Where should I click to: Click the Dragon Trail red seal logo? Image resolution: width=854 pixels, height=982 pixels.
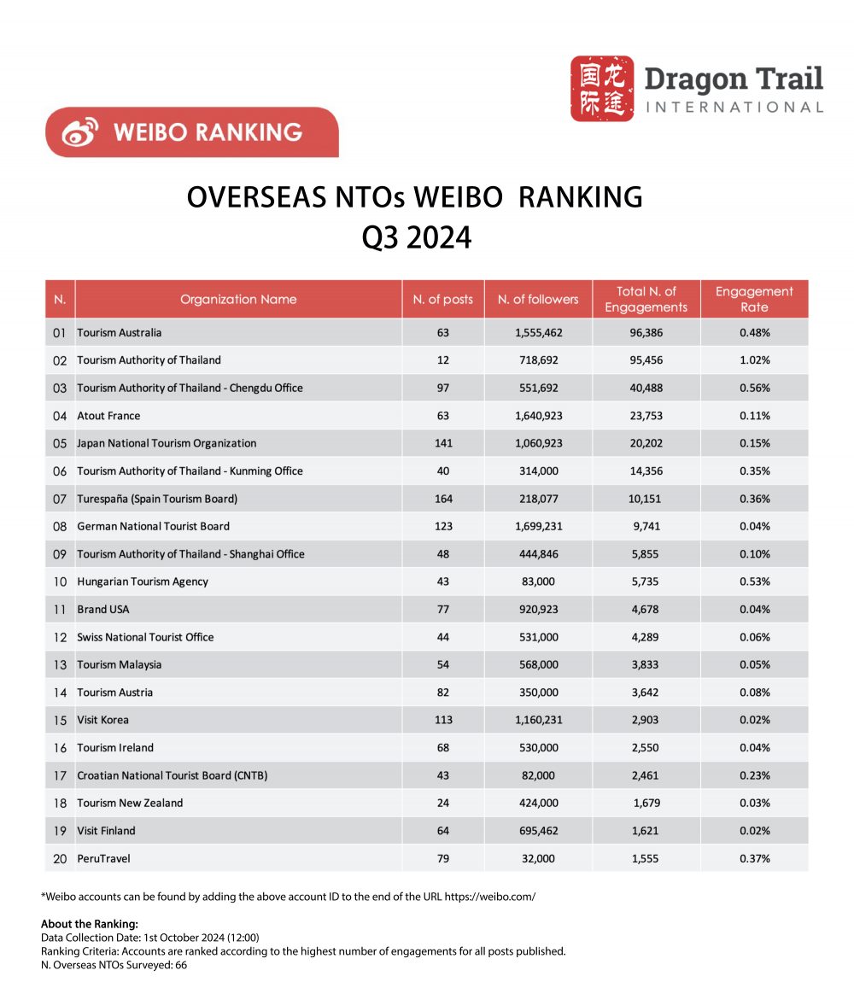pos(602,88)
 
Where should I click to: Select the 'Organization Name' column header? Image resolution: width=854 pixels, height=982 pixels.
pos(238,299)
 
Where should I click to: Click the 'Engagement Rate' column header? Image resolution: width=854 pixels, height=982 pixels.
pos(754,299)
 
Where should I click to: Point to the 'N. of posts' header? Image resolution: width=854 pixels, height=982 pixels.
pos(442,299)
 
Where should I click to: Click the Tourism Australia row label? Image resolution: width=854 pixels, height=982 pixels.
pos(119,332)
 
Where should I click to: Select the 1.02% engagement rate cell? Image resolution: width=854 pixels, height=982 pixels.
pos(754,360)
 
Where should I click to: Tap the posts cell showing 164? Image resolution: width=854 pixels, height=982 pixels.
pos(442,499)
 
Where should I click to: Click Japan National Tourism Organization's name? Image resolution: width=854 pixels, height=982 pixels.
pos(167,443)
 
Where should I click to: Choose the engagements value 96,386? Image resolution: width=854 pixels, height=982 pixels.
pos(646,332)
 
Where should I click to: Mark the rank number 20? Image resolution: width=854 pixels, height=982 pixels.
pos(60,858)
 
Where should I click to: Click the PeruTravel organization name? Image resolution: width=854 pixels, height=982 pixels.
pos(103,858)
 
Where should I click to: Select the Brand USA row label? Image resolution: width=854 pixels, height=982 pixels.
pos(103,609)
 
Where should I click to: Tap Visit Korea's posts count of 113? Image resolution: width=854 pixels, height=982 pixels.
pos(442,720)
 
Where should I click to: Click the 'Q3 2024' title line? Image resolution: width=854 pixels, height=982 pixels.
pos(416,237)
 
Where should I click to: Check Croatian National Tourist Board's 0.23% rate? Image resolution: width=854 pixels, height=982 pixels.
pos(754,775)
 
